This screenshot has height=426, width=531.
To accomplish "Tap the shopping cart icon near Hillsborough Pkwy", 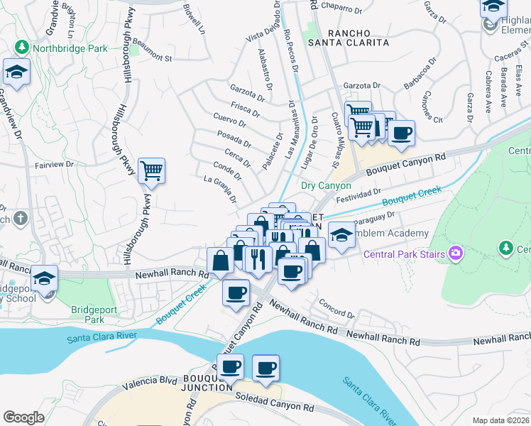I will pos(151,171).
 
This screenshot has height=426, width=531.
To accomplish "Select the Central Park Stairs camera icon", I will pos(455,253).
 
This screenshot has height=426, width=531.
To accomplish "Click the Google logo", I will pos(23,417).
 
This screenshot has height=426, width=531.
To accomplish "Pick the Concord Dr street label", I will pos(336,310).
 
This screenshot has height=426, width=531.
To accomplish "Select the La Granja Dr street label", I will pos(220,189).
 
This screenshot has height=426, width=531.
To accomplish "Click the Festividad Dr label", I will pos(358,195).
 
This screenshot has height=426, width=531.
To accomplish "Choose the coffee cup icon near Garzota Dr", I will pos(401,133).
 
